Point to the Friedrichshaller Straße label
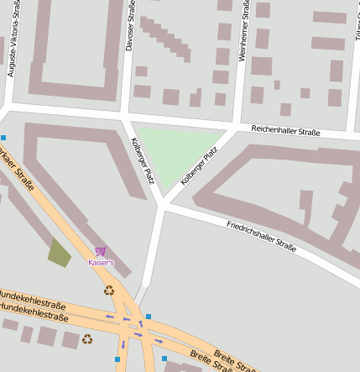pyautogui.click(x=261, y=236)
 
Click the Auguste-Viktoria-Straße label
pyautogui.click(x=11, y=39)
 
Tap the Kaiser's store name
pyautogui.click(x=101, y=263)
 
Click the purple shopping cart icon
pyautogui.click(x=101, y=251)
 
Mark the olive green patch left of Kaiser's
pyautogui.click(x=60, y=252)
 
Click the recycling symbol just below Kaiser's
pyautogui.click(x=108, y=291)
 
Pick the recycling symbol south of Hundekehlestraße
pyautogui.click(x=87, y=339)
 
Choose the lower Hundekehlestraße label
pyautogui.click(x=34, y=308)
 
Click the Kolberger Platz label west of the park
pyautogui.click(x=143, y=161)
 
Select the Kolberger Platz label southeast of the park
pyautogui.click(x=199, y=166)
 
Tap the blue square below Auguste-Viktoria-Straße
pyautogui.click(x=3, y=137)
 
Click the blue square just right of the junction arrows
pyautogui.click(x=149, y=317)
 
